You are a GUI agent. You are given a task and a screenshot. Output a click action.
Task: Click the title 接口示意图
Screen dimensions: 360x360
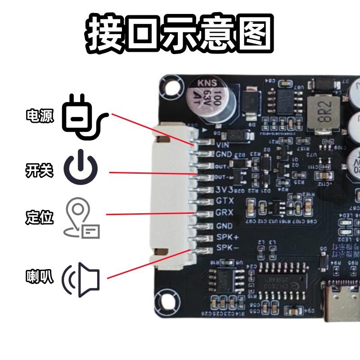coord(180,34)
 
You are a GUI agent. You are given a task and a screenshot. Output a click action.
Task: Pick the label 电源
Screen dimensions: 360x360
coord(40,116)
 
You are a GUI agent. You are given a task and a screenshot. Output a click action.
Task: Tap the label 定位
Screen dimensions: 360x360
coord(40,218)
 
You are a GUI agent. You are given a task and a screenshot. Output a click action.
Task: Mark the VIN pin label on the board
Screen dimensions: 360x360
coord(223,145)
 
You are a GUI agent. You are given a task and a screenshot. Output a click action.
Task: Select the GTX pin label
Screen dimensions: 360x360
coord(225,200)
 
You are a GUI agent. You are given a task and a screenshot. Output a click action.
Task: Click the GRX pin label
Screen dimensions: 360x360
coord(225,212)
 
